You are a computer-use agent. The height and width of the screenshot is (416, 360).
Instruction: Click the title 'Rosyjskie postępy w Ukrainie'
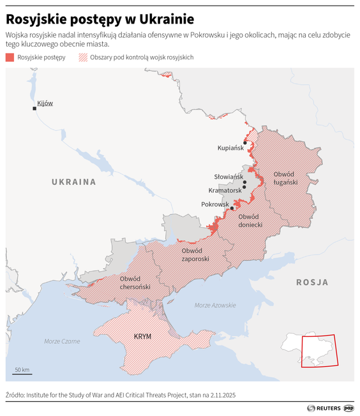tap(100, 19)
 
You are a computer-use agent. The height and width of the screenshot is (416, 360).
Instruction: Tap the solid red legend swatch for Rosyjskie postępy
tap(10, 57)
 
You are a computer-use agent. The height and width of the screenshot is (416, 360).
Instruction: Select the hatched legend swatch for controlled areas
tap(82, 57)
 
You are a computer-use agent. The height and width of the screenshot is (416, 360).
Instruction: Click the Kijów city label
tap(45, 103)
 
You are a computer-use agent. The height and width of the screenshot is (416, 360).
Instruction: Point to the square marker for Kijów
tap(34, 108)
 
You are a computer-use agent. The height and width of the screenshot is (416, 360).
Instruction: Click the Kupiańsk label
tap(230, 147)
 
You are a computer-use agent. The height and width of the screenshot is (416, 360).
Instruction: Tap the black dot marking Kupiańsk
tap(244, 143)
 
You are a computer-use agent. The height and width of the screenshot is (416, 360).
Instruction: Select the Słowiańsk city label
tap(229, 176)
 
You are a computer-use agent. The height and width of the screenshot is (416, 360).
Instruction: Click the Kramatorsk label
tap(225, 190)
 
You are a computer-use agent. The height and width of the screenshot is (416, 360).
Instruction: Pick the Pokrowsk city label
tap(214, 204)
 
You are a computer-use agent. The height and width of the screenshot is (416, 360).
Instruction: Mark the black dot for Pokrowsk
tap(232, 208)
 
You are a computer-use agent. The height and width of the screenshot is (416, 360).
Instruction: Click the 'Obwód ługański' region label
tap(285, 178)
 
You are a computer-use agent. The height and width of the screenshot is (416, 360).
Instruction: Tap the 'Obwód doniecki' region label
tap(250, 221)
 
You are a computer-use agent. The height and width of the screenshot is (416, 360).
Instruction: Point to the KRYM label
tap(142, 336)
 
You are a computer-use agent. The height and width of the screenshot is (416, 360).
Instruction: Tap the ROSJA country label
tap(311, 281)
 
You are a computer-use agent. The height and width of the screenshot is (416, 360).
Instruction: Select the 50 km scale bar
tap(22, 372)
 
